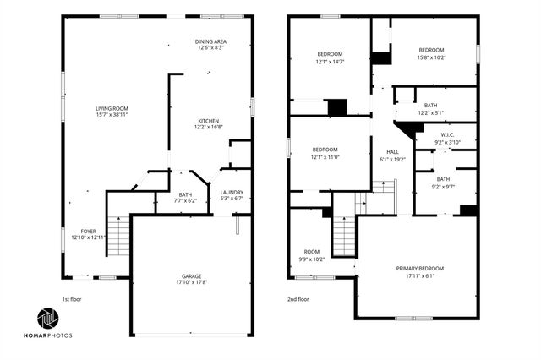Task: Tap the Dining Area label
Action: click(210, 41)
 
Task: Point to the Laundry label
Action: click(231, 194)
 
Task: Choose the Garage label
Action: click(192, 276)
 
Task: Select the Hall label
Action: click(392, 151)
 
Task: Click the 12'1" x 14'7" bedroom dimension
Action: click(329, 62)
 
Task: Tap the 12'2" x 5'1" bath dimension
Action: click(430, 112)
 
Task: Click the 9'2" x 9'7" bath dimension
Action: click(443, 185)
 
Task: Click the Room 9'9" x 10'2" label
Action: click(312, 255)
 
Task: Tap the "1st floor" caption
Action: click(72, 299)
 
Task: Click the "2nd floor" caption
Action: click(298, 299)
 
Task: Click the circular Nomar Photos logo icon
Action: click(46, 319)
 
